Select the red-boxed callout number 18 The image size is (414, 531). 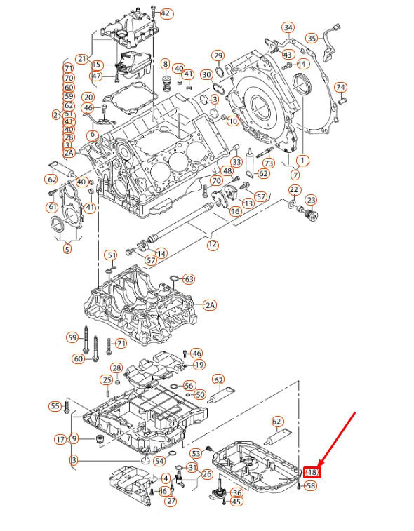pos(311,473)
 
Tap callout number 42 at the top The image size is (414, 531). pos(166,13)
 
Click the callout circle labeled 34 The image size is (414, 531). pos(288,28)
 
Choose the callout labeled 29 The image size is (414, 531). pos(218,55)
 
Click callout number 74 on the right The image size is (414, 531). pos(340,88)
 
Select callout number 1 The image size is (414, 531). pos(303,160)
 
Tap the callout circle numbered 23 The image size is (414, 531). pos(311,200)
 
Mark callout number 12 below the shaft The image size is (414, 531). pos(212,245)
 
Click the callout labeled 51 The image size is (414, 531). pos(111,255)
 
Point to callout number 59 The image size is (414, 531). pos(72,337)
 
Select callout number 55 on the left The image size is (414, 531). pos(55,406)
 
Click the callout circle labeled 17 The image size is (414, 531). pos(60,439)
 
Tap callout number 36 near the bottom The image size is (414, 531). pos(236,492)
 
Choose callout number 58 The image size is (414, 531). pos(311,485)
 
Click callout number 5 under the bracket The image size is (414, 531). pos(67,248)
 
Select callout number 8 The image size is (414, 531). pos(166,65)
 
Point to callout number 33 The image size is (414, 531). pos(236,162)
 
